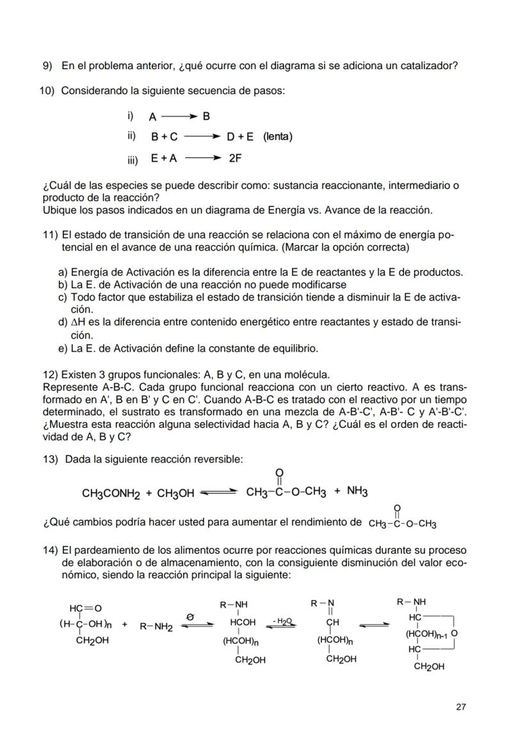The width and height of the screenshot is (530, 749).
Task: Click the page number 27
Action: tap(461, 707)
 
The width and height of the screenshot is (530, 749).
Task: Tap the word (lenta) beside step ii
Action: tap(277, 137)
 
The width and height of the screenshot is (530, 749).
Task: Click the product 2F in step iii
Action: tap(235, 157)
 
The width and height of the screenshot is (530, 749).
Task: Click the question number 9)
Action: tap(47, 66)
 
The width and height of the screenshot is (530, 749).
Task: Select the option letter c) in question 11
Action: tap(63, 297)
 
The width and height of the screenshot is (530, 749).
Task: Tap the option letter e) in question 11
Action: tap(63, 349)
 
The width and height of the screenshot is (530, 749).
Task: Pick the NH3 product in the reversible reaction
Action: tap(357, 492)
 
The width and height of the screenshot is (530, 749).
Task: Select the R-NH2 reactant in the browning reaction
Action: tap(157, 626)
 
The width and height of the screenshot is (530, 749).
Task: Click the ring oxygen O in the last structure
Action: tap(453, 633)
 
